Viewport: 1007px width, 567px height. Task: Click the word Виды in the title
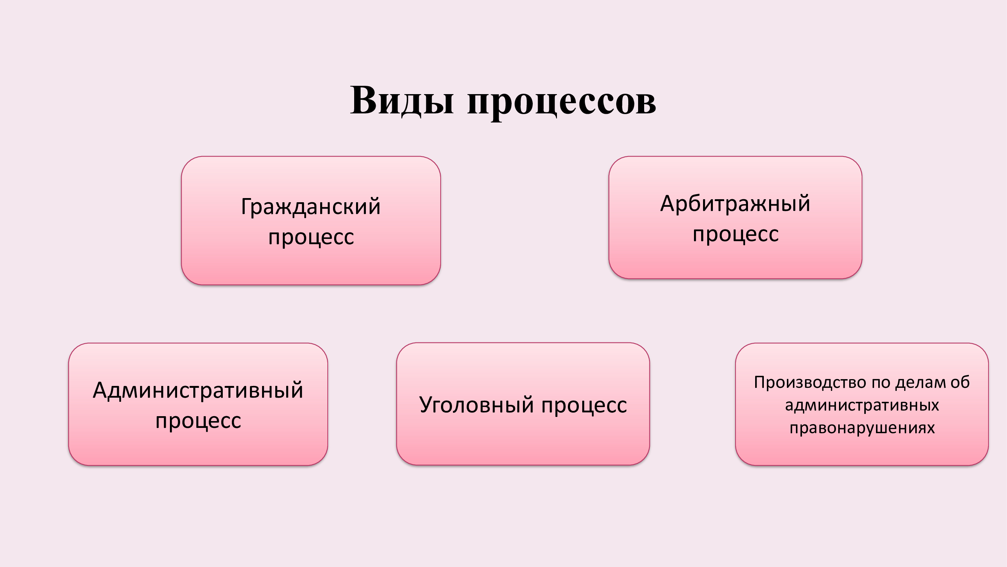[402, 101]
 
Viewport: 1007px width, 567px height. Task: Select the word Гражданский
[311, 207]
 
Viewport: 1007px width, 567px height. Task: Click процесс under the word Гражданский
[311, 237]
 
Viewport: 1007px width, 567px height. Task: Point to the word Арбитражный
[735, 203]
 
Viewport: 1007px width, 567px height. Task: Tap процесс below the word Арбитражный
[736, 234]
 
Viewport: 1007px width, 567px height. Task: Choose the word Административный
[198, 390]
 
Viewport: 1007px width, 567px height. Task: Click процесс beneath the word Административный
[198, 421]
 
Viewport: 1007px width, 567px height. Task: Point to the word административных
[862, 405]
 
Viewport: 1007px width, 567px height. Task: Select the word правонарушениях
[862, 428]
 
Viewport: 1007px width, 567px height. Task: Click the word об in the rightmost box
[960, 382]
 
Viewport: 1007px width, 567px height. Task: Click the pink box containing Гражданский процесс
[311, 220]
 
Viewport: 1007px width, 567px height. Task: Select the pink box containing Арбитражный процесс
[735, 218]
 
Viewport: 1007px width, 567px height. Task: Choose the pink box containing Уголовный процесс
[523, 404]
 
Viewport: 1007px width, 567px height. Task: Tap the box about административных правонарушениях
[862, 404]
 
